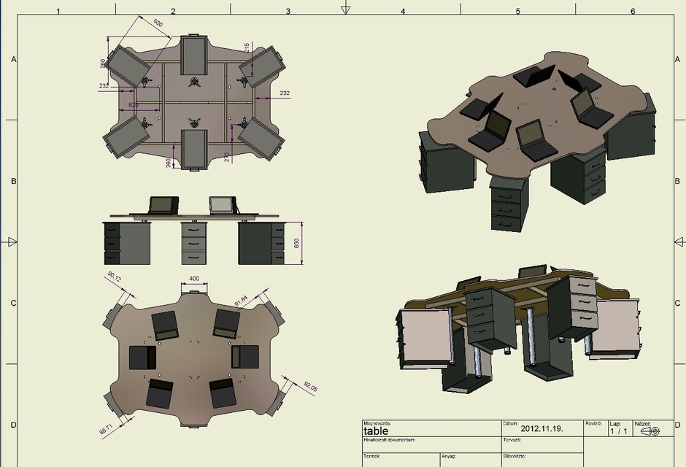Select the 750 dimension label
point(103,63)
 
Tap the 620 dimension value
point(134,105)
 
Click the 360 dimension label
point(169,161)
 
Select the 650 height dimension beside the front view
point(296,243)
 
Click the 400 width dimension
point(194,279)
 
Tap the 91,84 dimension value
point(242,300)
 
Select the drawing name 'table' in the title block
point(376,431)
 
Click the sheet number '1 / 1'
point(619,431)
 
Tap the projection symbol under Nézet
point(650,431)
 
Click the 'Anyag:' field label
point(449,456)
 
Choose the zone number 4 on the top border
point(403,11)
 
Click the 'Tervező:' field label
point(512,440)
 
